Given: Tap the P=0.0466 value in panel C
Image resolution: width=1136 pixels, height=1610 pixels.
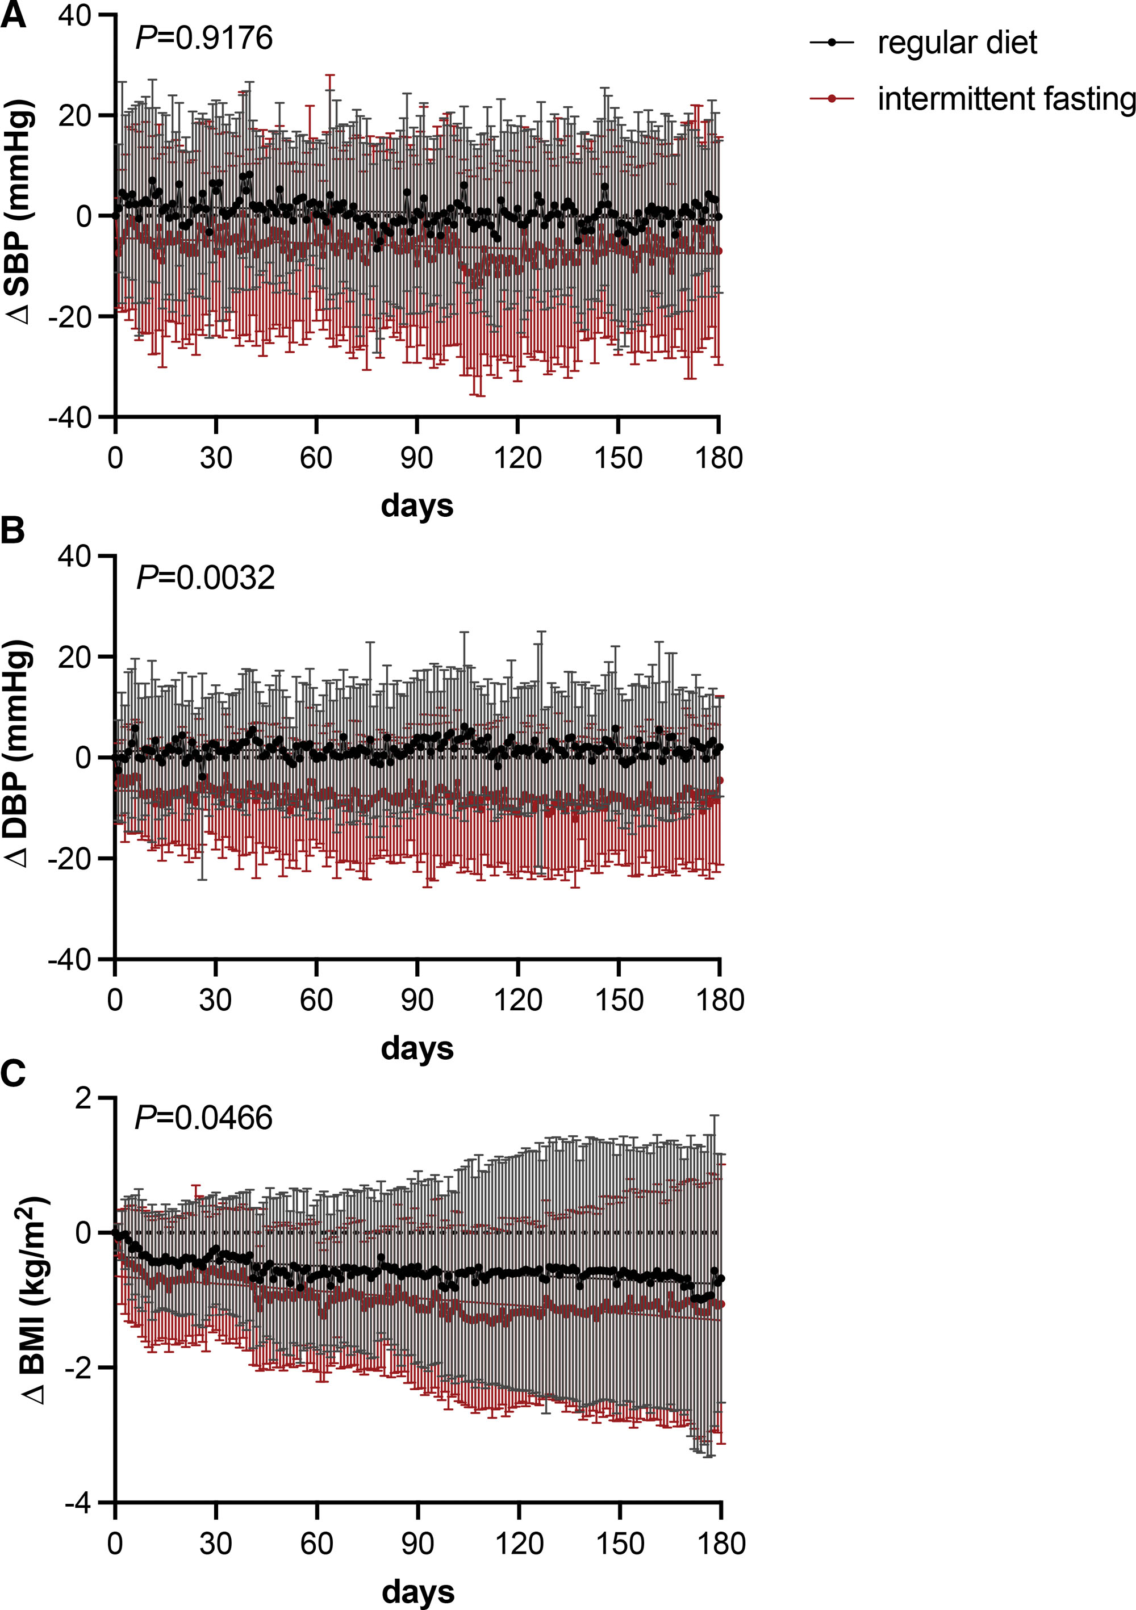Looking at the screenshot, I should point(203,1118).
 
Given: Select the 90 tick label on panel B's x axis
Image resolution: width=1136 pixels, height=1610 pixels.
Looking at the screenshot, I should point(417,1000).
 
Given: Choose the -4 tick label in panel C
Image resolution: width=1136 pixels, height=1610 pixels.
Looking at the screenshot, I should point(78,1503).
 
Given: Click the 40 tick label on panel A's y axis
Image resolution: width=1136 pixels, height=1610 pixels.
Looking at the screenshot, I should point(74,15).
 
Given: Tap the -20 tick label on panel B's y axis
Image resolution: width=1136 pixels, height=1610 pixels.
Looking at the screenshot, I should point(70,859).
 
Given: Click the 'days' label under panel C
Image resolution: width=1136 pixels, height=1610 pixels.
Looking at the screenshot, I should point(418,1592).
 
